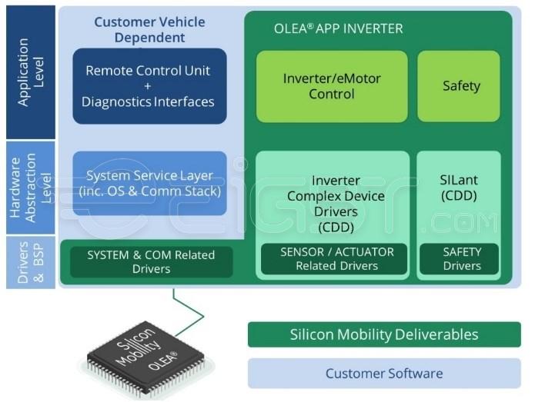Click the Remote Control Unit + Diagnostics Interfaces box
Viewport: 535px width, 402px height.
pyautogui.click(x=149, y=86)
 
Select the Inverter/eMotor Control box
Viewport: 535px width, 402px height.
pyautogui.click(x=332, y=86)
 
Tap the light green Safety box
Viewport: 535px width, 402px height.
pyautogui.click(x=460, y=86)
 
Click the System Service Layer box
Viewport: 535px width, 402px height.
pyautogui.click(x=149, y=183)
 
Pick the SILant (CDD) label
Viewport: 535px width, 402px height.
pyautogui.click(x=459, y=188)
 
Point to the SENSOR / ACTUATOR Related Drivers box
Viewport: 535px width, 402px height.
pyautogui.click(x=336, y=259)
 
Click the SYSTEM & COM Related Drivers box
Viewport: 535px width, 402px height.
pyautogui.click(x=151, y=261)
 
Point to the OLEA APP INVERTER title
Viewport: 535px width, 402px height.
pyautogui.click(x=338, y=29)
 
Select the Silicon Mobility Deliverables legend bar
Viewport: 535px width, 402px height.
pyautogui.click(x=383, y=334)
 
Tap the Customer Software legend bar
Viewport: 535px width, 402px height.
pyautogui.click(x=383, y=374)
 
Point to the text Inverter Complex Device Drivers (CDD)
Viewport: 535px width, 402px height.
pyautogui.click(x=336, y=204)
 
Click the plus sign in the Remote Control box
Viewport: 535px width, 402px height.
pyautogui.click(x=148, y=86)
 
